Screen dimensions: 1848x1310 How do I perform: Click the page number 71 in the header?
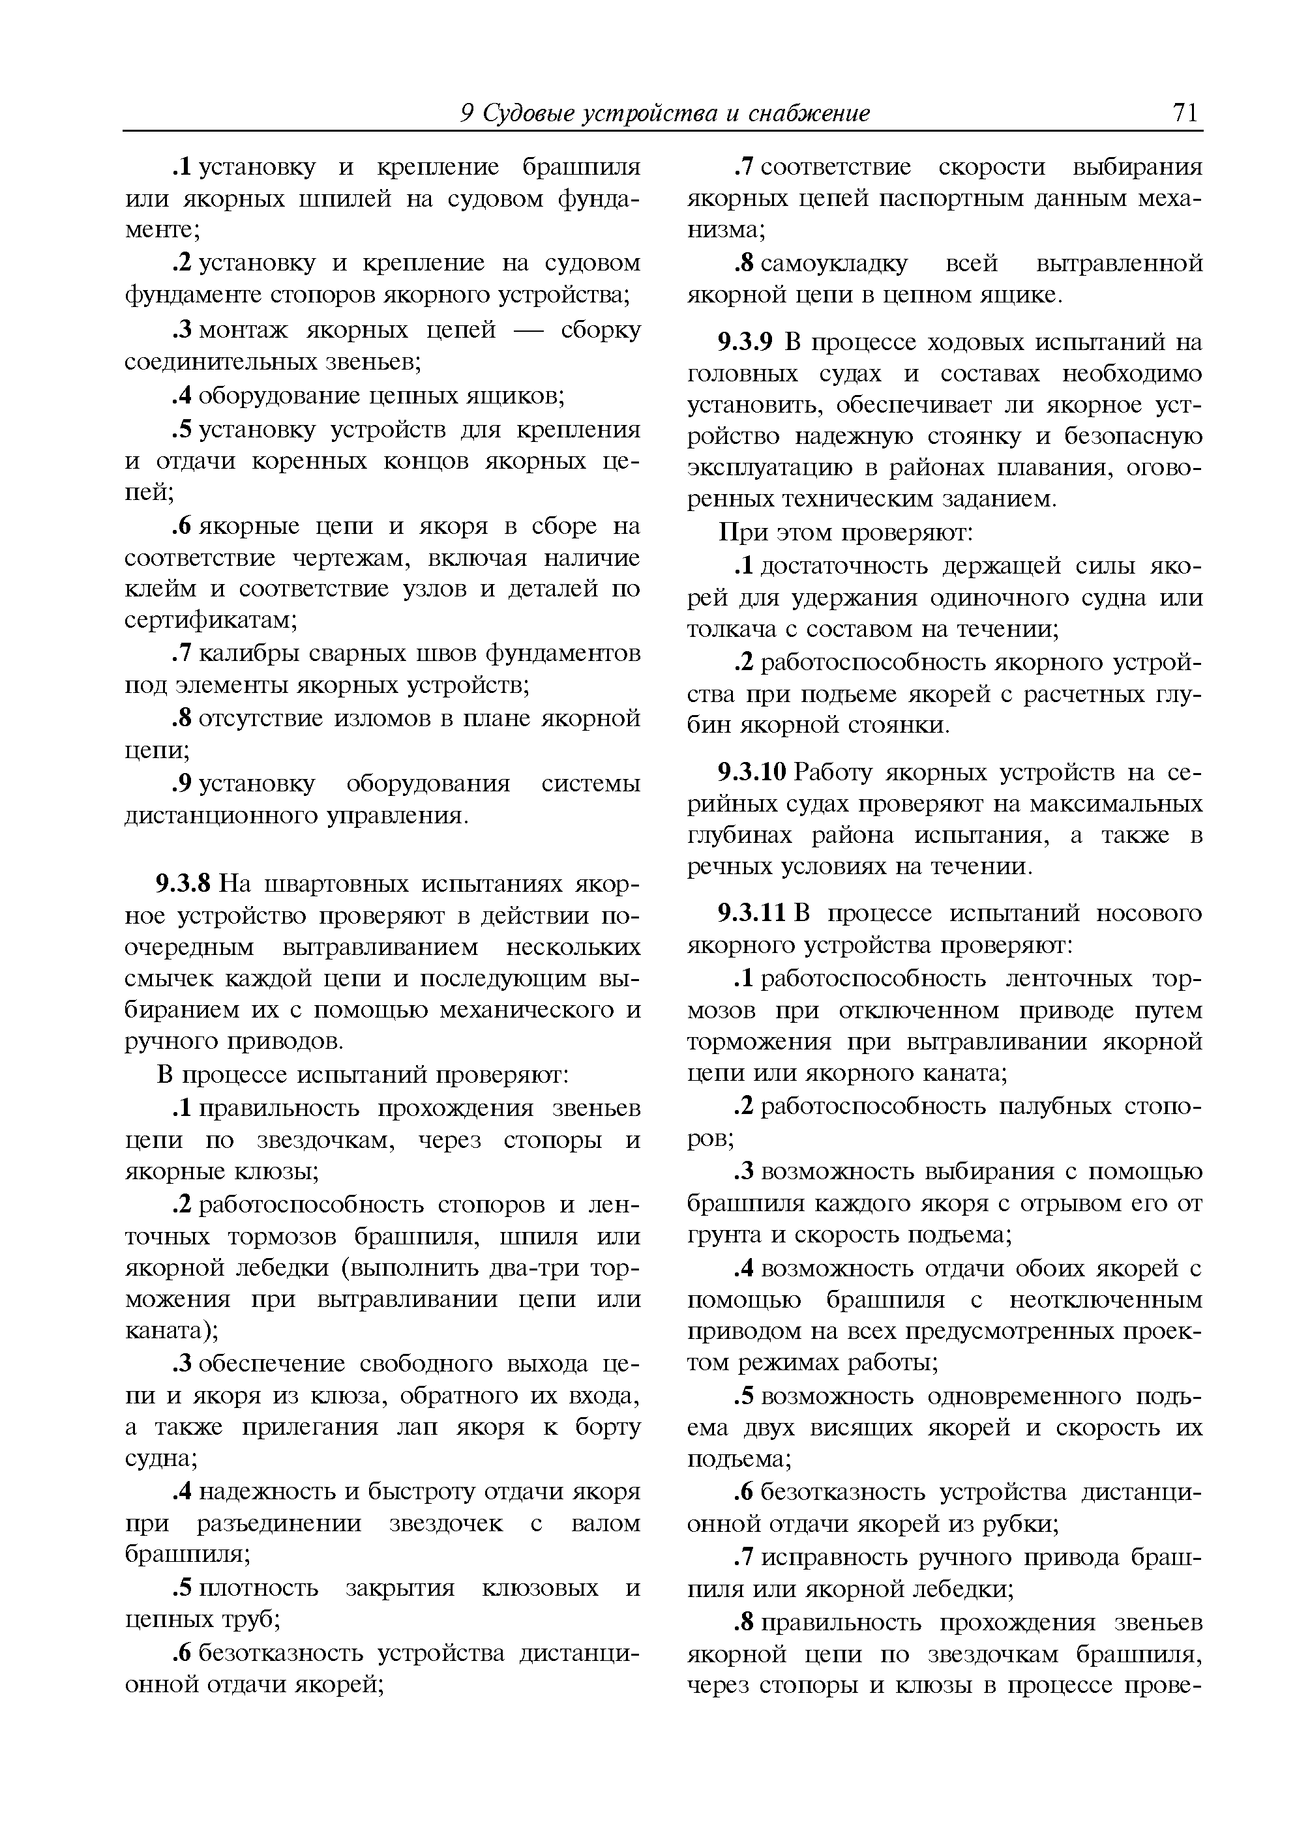(x=1185, y=113)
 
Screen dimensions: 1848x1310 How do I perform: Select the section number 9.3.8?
(x=183, y=884)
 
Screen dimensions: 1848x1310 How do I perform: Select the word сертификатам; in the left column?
(x=211, y=620)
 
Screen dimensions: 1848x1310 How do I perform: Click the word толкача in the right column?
(x=724, y=628)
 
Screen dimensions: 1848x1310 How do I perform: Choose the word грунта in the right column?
(x=724, y=1235)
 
